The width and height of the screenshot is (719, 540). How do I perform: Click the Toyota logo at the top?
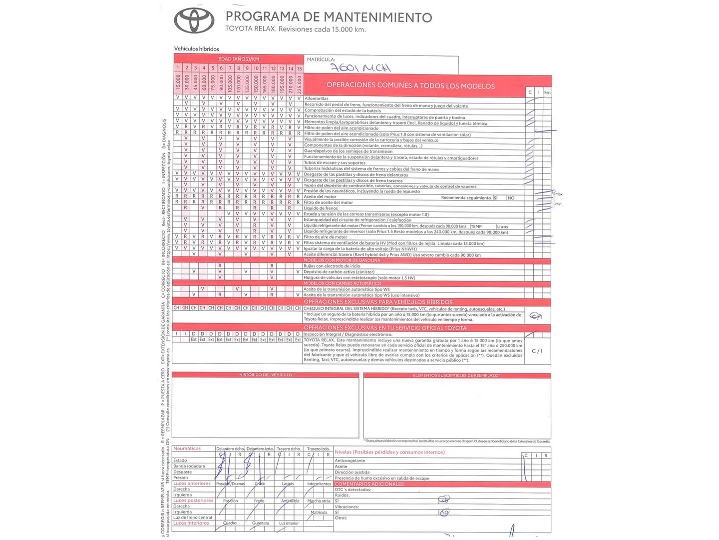coord(194,20)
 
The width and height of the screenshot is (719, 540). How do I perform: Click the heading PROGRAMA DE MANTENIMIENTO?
coord(329,16)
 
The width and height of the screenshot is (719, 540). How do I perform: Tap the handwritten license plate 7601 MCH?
coord(362,67)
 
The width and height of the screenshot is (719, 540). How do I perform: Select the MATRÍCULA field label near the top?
coord(321,59)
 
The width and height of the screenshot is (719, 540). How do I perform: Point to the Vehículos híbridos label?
coord(196,49)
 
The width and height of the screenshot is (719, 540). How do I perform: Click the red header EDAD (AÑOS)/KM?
coord(239,59)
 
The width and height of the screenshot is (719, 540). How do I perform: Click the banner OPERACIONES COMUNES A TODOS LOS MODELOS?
coord(410,85)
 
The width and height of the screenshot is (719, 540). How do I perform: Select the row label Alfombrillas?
coord(317,99)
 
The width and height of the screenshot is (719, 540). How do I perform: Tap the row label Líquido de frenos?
coord(321,208)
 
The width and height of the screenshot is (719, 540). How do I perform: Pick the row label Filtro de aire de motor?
coord(326,237)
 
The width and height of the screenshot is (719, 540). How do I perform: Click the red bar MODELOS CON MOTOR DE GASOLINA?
coord(342,260)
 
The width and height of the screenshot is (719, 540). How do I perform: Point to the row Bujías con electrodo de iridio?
coord(332,266)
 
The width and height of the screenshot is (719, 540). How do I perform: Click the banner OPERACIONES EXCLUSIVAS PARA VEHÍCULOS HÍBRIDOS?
coord(378,302)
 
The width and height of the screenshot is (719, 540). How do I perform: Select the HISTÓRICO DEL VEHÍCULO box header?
coord(266,374)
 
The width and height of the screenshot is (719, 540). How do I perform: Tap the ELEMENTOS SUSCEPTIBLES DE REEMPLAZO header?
coord(457,375)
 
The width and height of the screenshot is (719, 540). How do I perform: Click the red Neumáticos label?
coord(187,448)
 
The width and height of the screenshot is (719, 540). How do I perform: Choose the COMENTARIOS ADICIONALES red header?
coord(369,484)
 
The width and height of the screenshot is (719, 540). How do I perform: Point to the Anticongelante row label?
coord(350,460)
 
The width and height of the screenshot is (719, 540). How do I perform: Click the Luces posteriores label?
coord(193,500)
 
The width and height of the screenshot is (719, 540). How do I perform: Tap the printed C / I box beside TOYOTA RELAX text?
coord(537,351)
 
